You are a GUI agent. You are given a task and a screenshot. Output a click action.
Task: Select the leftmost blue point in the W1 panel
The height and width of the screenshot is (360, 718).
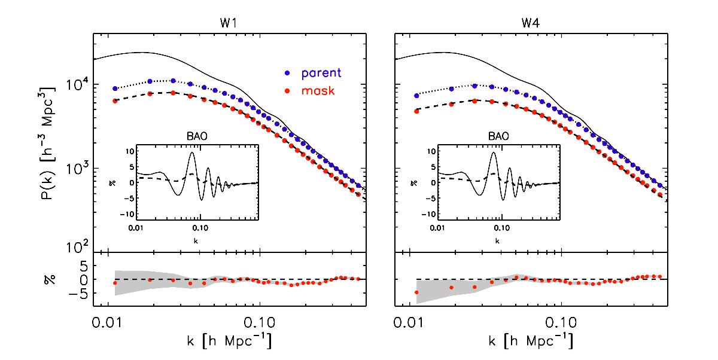click(x=115, y=89)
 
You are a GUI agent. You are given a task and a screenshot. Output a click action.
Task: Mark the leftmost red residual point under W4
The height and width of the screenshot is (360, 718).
click(x=416, y=292)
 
